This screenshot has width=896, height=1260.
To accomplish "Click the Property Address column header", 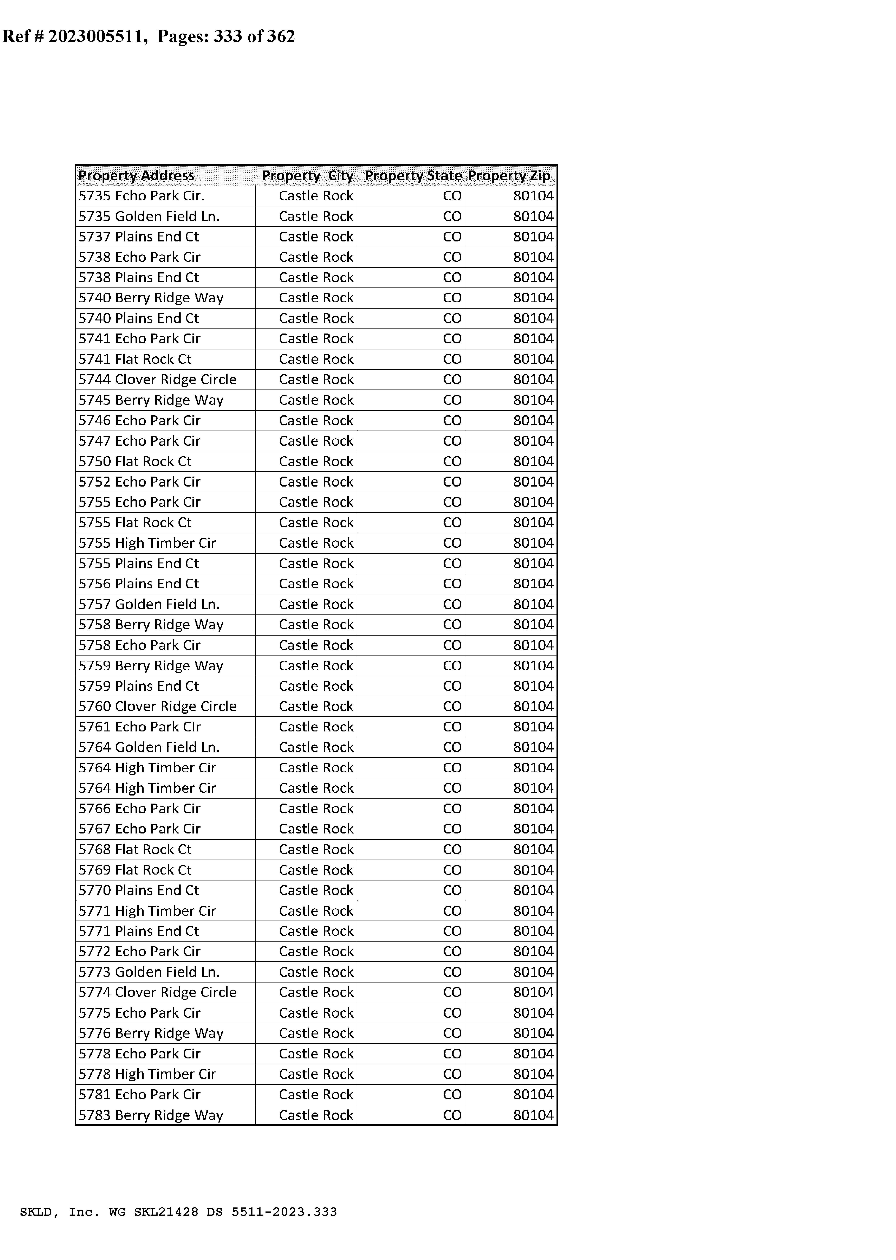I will tap(136, 175).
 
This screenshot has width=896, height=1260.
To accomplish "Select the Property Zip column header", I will tap(509, 175).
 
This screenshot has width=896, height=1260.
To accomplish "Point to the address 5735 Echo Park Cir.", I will tap(141, 196).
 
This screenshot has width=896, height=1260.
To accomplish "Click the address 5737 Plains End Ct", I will tap(138, 237).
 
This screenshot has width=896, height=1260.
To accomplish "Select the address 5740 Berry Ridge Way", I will tap(151, 298).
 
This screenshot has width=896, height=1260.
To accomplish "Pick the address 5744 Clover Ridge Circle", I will tap(157, 380).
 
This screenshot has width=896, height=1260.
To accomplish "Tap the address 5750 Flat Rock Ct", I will tap(135, 461).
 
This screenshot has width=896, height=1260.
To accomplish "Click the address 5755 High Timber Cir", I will tap(147, 543).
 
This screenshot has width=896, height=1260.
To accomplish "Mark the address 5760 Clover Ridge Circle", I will tap(157, 707).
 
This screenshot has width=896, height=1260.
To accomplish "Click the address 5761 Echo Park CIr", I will tap(140, 727).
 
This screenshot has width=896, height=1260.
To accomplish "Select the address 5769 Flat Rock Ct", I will tap(135, 870).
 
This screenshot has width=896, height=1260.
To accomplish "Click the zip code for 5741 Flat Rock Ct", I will tap(533, 359).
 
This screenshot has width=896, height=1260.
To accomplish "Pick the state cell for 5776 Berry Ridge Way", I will tap(452, 1033).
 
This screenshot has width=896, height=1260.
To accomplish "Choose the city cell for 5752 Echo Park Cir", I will tap(316, 482).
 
